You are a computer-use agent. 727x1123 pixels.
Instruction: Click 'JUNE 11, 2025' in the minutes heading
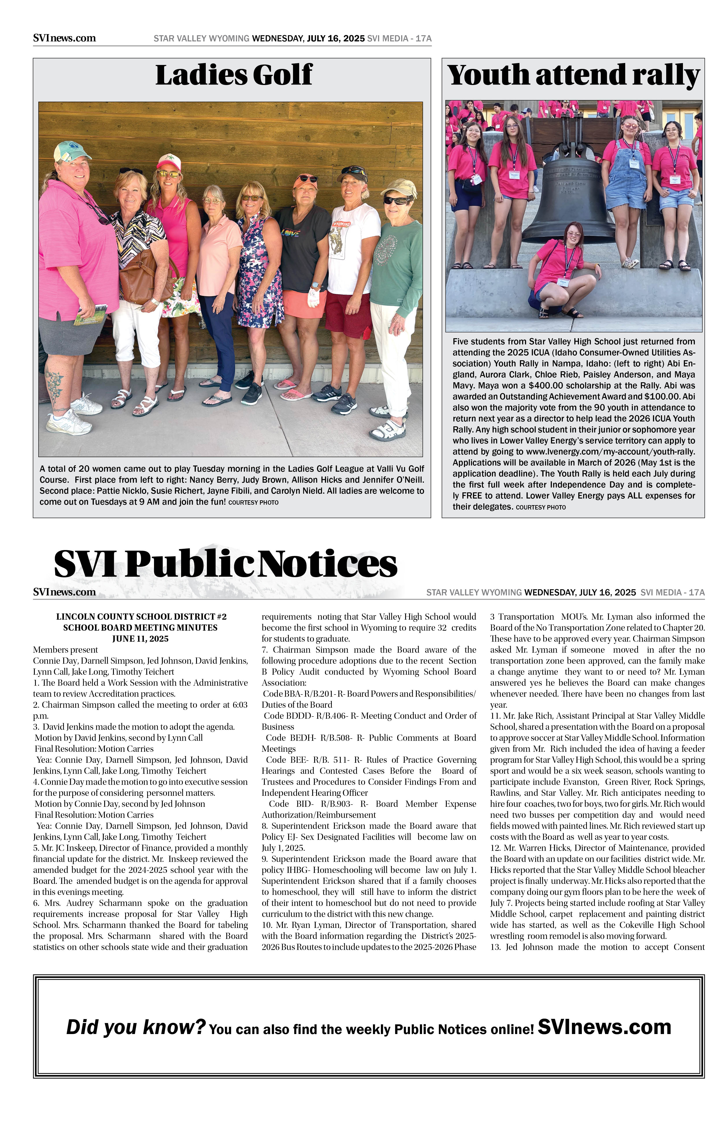coord(140,639)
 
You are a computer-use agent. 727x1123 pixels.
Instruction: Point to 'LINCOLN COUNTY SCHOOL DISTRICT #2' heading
coord(141,617)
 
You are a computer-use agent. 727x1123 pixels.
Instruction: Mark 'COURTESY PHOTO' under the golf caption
coord(254,502)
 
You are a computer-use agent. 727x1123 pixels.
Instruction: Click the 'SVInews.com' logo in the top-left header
coord(65,38)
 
